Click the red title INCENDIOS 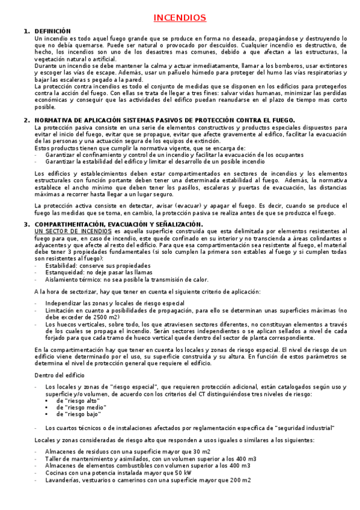[x=180, y=18]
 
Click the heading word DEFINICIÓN [x=53, y=31]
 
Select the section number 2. [x=26, y=120]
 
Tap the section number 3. [x=26, y=224]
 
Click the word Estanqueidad [x=64, y=272]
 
